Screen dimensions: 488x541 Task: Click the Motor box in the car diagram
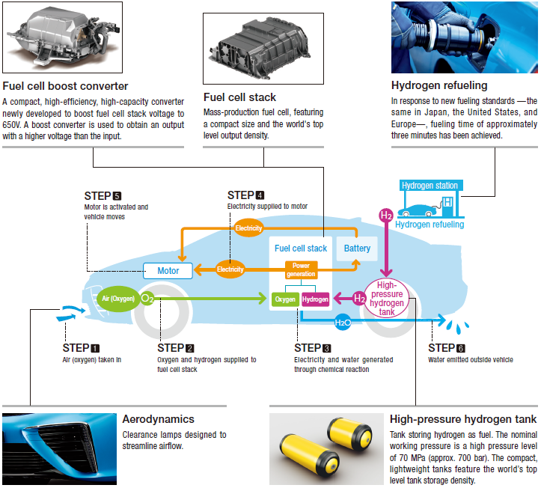click(x=168, y=270)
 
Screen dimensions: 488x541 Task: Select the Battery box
click(x=357, y=248)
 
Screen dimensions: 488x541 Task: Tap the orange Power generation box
click(x=301, y=269)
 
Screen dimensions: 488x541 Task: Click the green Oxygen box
click(x=286, y=299)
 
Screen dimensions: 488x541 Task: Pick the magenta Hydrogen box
click(x=316, y=299)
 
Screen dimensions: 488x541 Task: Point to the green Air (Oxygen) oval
click(x=117, y=298)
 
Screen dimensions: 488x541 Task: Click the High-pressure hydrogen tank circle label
click(x=386, y=299)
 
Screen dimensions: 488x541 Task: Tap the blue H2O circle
click(x=343, y=323)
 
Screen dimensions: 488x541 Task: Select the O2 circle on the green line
click(x=147, y=298)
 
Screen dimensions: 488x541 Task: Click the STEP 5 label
click(x=103, y=196)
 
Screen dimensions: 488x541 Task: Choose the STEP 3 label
click(x=313, y=348)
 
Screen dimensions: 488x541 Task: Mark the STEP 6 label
click(x=447, y=348)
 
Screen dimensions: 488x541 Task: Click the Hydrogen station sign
click(x=430, y=186)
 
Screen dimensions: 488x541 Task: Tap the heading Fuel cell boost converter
click(x=66, y=86)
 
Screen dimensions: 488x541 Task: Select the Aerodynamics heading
click(x=158, y=420)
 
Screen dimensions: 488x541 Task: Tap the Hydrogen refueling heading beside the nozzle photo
click(x=439, y=86)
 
